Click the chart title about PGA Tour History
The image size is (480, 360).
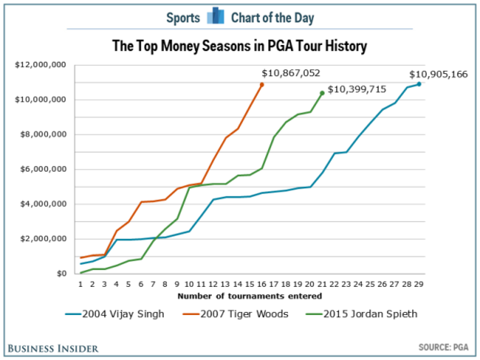(x=239, y=47)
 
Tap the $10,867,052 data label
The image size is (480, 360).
(x=291, y=74)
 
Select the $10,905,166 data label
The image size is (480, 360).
(x=439, y=75)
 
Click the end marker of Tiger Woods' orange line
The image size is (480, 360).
(x=261, y=85)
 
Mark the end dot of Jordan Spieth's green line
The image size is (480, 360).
(x=322, y=93)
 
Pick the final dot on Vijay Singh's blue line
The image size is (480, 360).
(x=419, y=84)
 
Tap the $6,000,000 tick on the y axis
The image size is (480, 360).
(x=43, y=169)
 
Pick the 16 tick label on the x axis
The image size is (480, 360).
(x=261, y=284)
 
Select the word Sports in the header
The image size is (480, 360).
(x=183, y=17)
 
